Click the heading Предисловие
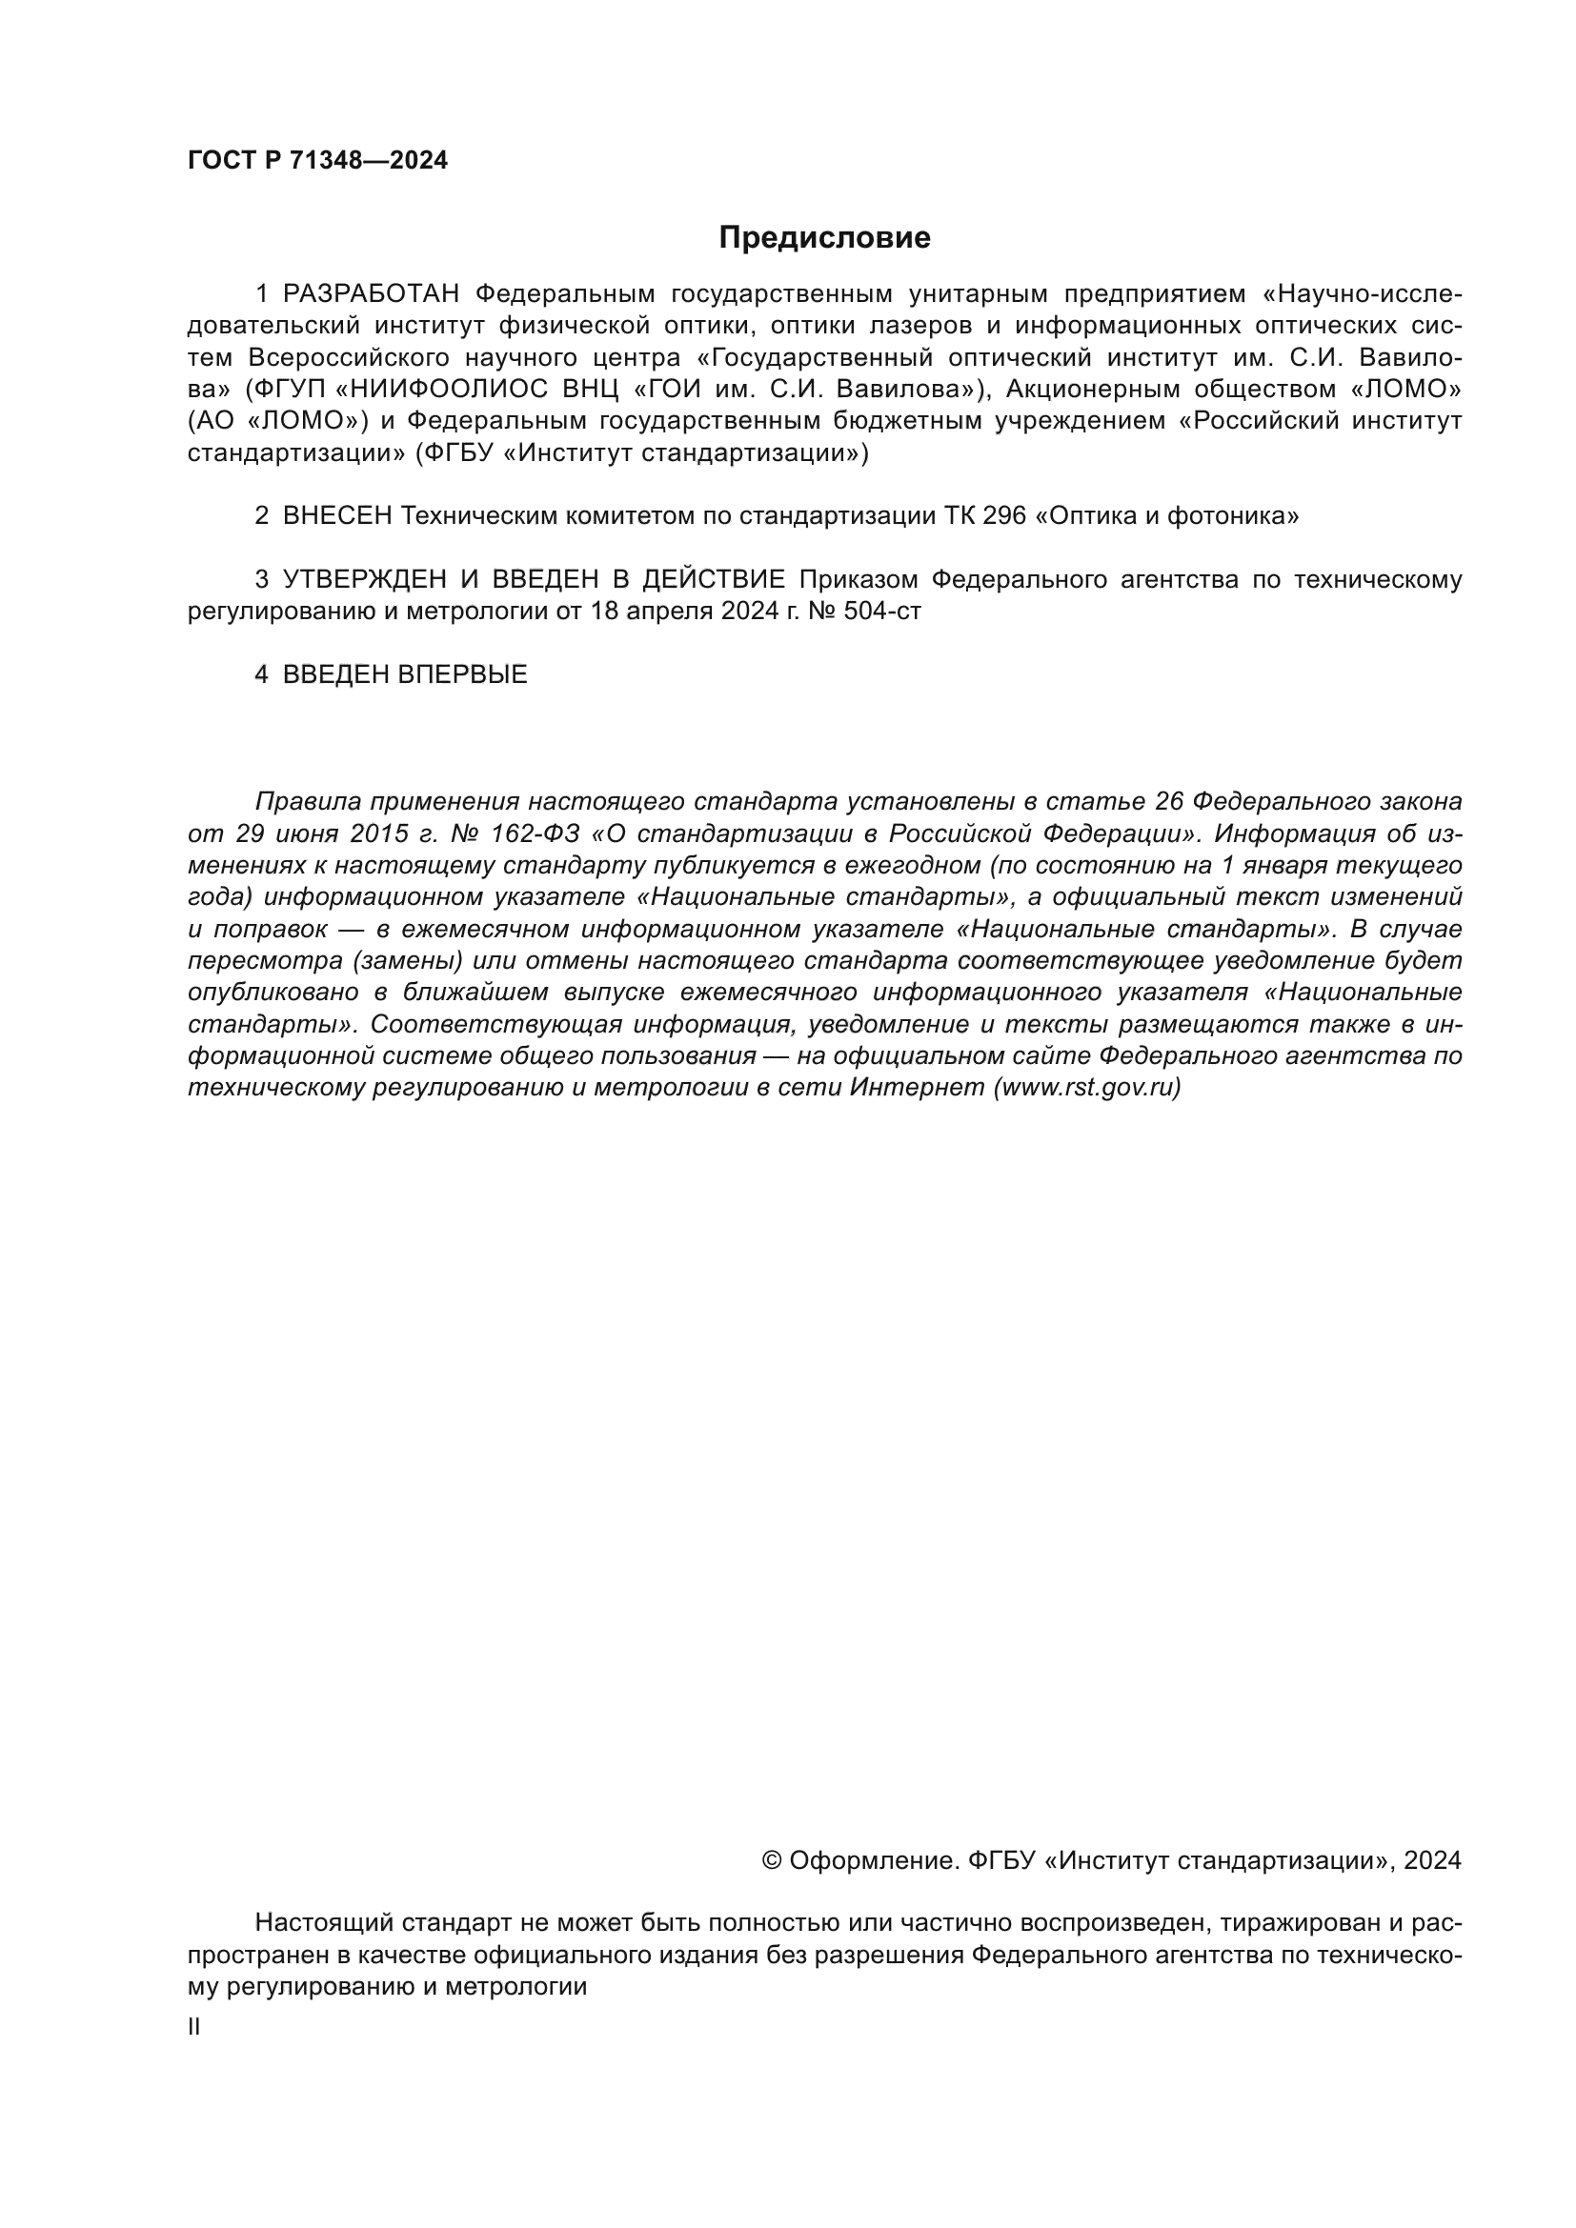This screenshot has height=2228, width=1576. [x=824, y=238]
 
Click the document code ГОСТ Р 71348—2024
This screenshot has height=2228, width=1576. [x=317, y=161]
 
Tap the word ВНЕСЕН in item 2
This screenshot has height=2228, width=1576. [x=336, y=516]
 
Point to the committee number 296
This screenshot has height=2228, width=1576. [x=1004, y=516]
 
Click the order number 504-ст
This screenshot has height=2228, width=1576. [x=884, y=612]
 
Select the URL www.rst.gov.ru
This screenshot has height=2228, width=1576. [x=1088, y=1087]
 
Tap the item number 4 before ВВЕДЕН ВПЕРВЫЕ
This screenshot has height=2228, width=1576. [x=261, y=674]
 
